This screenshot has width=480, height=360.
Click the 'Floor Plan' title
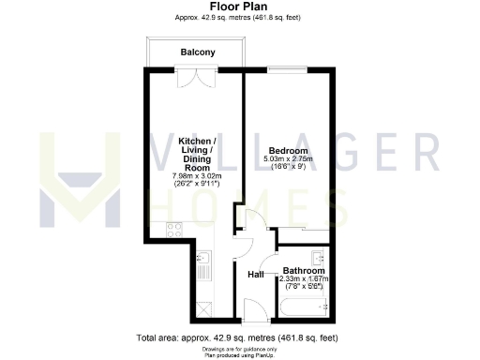[x=240, y=7]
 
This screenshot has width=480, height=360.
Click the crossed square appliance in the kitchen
[x=204, y=306]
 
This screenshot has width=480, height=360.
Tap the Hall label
[x=255, y=275]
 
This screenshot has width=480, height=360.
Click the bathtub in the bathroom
[x=302, y=307]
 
